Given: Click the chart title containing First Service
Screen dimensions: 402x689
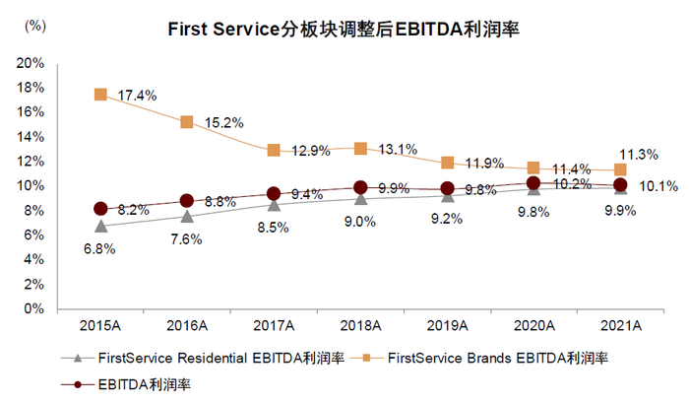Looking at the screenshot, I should [344, 31].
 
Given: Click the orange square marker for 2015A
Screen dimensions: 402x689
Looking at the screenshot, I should [100, 95].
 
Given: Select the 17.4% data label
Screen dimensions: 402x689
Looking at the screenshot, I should [138, 96].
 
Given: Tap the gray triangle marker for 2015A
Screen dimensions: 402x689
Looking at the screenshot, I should [100, 226].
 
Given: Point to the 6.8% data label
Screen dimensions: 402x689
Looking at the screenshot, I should [100, 250].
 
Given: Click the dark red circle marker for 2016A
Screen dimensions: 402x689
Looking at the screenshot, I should [187, 201].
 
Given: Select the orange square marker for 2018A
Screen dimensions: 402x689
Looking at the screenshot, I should [360, 148].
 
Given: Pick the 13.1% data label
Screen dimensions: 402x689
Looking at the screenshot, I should [398, 150].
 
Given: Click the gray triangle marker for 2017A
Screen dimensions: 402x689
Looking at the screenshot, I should [274, 204].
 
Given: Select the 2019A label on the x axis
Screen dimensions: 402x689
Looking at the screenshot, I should [447, 325].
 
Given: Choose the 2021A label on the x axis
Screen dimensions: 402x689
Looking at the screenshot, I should [620, 325].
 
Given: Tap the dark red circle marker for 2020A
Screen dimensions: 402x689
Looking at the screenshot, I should [533, 183].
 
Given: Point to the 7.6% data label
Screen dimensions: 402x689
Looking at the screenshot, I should [187, 239].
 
